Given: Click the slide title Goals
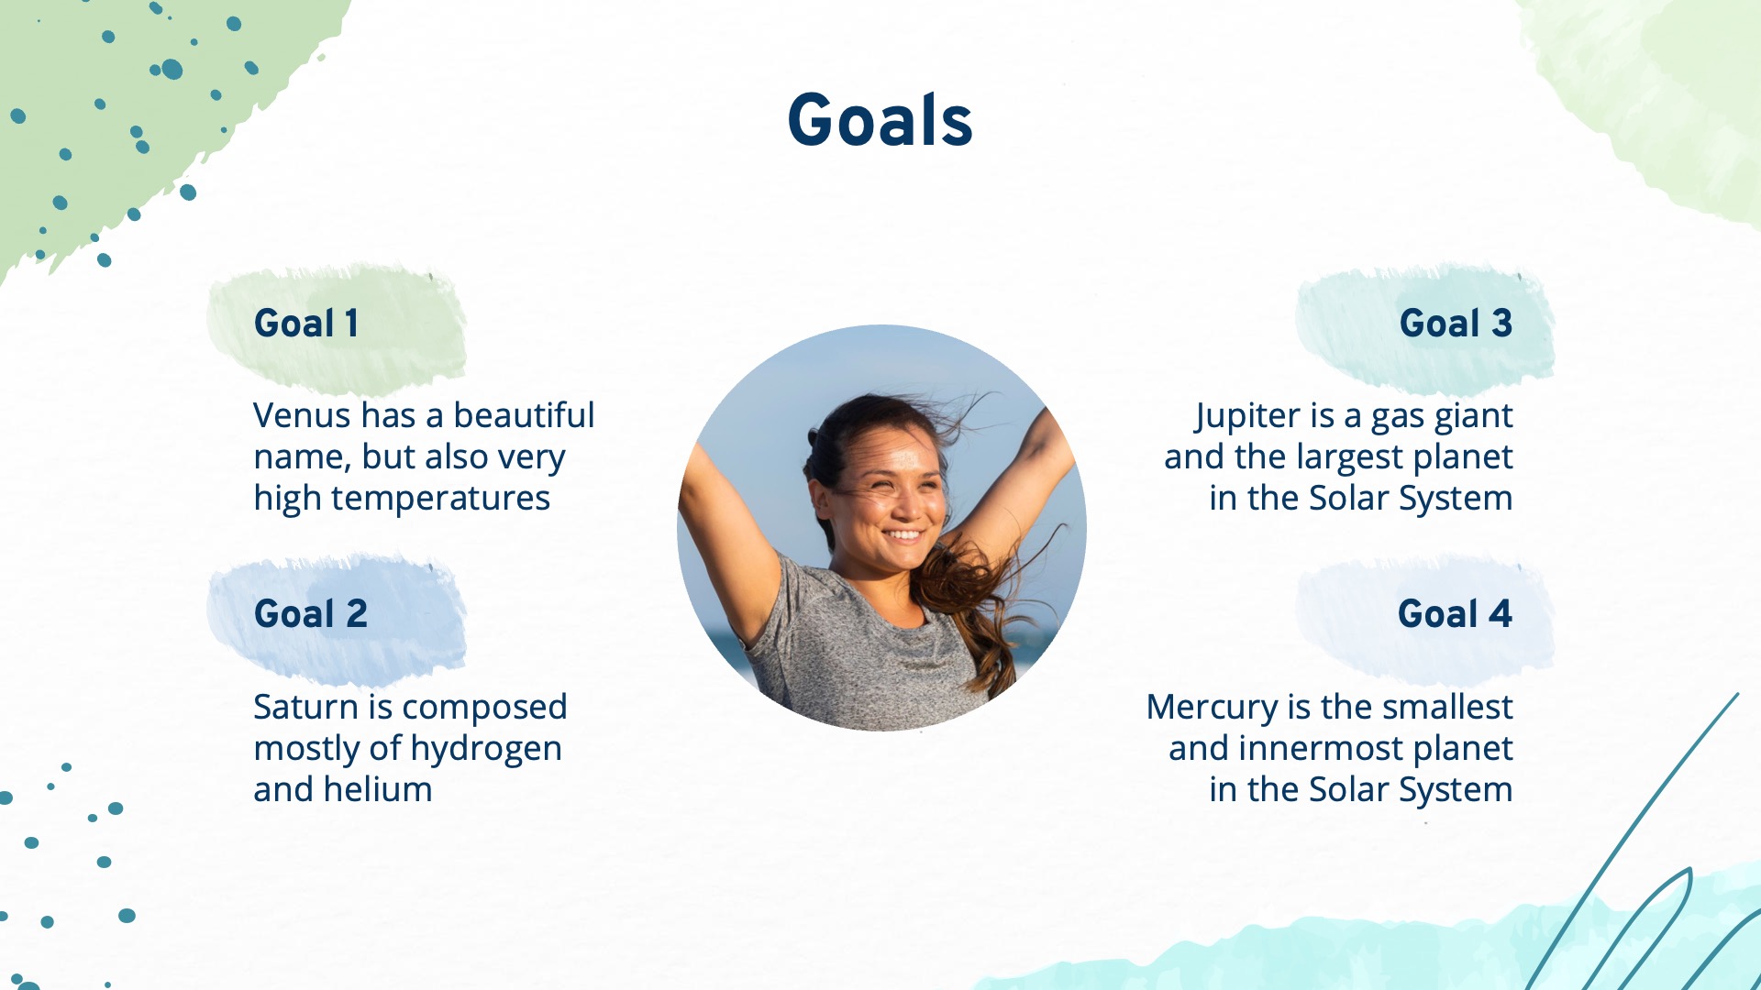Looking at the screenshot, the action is (x=880, y=120).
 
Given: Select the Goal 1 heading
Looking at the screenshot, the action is (x=306, y=323).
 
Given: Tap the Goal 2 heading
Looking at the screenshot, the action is (x=311, y=613).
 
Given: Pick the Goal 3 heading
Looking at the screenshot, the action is (x=1456, y=323).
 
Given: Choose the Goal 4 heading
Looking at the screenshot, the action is (x=1455, y=613).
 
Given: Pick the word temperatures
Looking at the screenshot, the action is (x=440, y=500).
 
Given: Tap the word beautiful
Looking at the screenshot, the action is (x=524, y=415).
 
